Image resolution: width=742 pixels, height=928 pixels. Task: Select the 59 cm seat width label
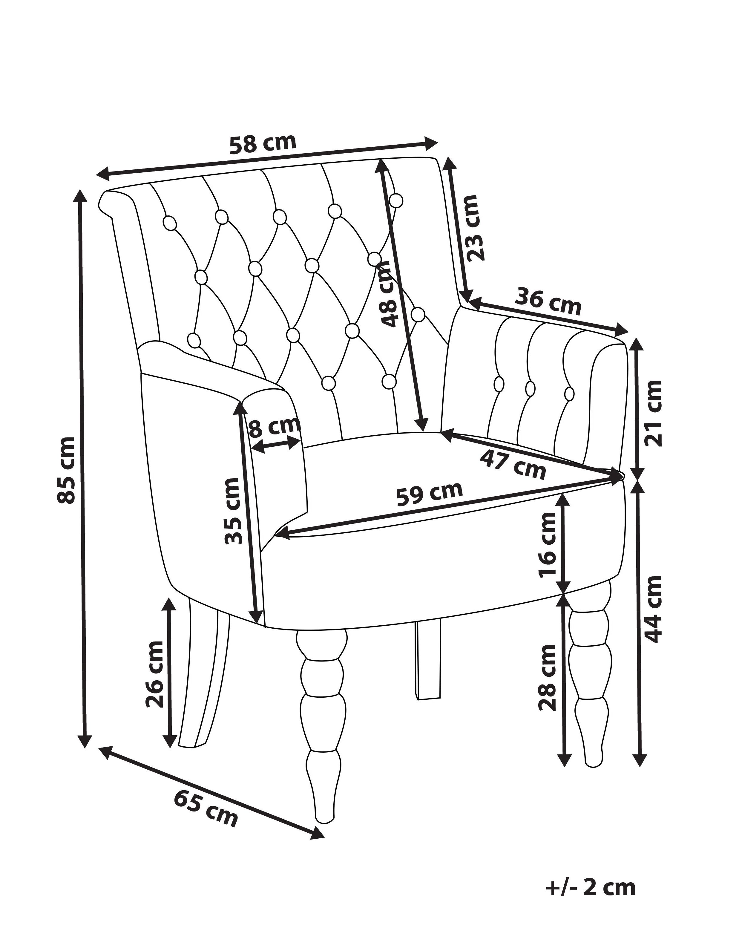(x=429, y=494)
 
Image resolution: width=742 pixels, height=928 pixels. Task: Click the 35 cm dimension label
(x=232, y=511)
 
